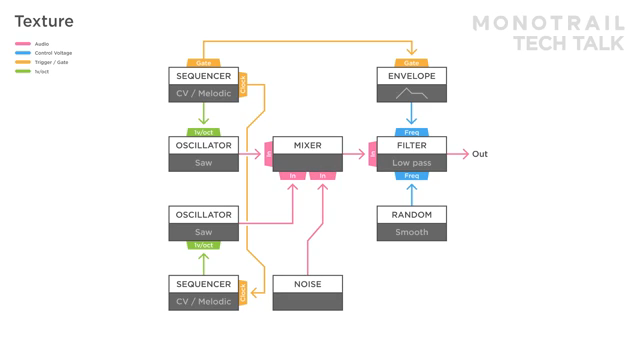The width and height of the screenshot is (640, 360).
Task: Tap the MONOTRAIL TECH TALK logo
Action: click(x=548, y=33)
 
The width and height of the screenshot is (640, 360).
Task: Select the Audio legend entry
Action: click(x=41, y=44)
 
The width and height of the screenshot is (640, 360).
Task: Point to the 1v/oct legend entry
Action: click(x=41, y=71)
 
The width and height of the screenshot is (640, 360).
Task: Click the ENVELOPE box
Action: click(x=411, y=77)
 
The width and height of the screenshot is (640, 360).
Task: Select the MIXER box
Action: click(x=307, y=146)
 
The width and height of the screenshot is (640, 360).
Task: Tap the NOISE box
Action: click(x=307, y=284)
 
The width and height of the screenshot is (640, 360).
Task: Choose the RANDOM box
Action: click(x=411, y=215)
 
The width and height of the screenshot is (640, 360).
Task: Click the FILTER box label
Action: click(x=411, y=146)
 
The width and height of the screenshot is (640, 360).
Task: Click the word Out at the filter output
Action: click(x=480, y=154)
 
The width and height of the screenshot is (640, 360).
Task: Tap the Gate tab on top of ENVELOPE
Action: click(x=411, y=63)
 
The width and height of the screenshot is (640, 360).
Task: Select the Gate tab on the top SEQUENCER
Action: click(x=203, y=63)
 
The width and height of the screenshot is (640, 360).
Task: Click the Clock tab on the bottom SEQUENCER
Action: click(x=243, y=292)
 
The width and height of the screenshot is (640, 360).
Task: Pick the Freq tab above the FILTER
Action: click(x=411, y=132)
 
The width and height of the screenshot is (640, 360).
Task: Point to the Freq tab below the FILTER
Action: click(x=411, y=176)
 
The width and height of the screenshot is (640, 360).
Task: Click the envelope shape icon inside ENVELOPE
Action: click(x=411, y=94)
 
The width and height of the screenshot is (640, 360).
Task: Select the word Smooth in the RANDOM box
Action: click(x=411, y=232)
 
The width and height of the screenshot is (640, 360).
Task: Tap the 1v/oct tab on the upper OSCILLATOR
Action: click(x=203, y=132)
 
